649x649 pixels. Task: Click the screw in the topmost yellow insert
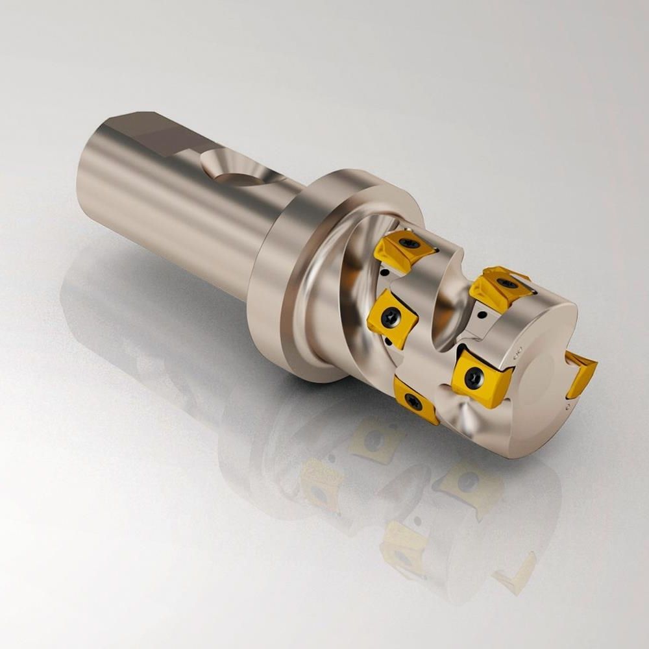tap(408, 243)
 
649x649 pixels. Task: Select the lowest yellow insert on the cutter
tap(414, 400)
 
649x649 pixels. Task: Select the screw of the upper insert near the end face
tap(506, 283)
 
